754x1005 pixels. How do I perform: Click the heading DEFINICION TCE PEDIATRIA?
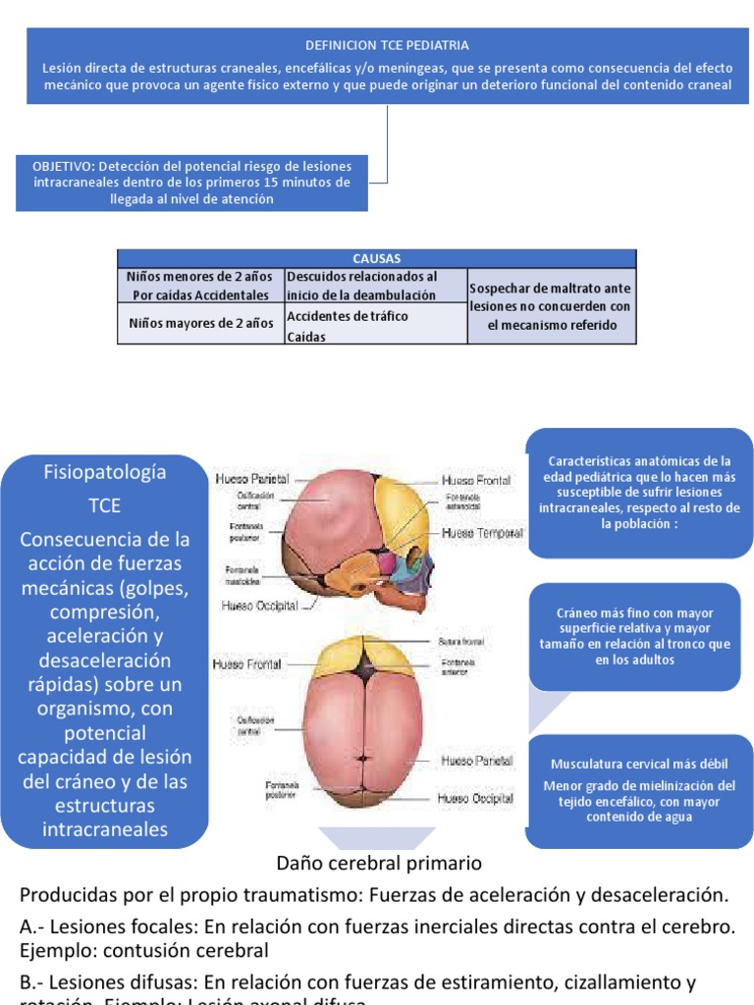387,45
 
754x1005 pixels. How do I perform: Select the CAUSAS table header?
376,259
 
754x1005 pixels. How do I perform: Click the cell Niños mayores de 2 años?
200,322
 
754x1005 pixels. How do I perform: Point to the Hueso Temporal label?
476,533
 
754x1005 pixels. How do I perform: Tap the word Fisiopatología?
105,472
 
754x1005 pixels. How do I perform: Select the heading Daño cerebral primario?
379,864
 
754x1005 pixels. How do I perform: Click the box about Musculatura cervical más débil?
640,790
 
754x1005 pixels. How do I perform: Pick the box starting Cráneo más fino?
635,636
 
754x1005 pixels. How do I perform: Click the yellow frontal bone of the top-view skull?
364,655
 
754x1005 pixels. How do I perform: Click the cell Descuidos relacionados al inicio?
374,286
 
